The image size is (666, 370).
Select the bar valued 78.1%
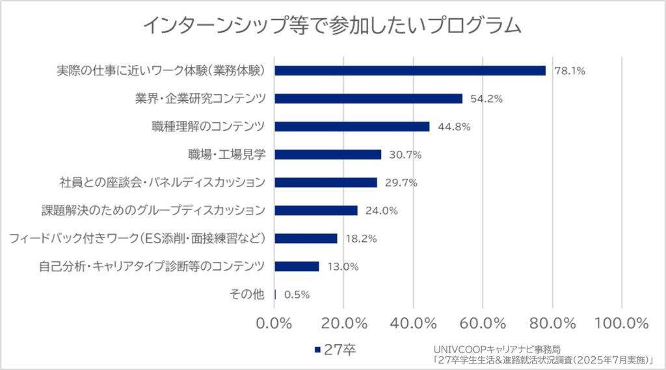click(x=410, y=70)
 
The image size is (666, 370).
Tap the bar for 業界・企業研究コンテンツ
click(x=369, y=98)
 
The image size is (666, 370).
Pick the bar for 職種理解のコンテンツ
click(x=352, y=126)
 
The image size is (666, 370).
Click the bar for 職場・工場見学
click(x=328, y=154)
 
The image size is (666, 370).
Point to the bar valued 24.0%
click(x=316, y=210)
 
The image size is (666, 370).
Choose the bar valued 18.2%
click(x=306, y=238)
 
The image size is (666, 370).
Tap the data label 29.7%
click(x=401, y=183)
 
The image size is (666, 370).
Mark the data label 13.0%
click(x=343, y=267)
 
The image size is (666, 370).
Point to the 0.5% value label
click(x=297, y=295)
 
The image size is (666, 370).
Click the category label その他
click(x=247, y=295)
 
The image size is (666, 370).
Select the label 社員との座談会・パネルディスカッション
click(x=162, y=183)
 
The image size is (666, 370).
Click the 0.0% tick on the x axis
click(x=275, y=323)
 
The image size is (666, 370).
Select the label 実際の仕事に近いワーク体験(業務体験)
click(x=163, y=70)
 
